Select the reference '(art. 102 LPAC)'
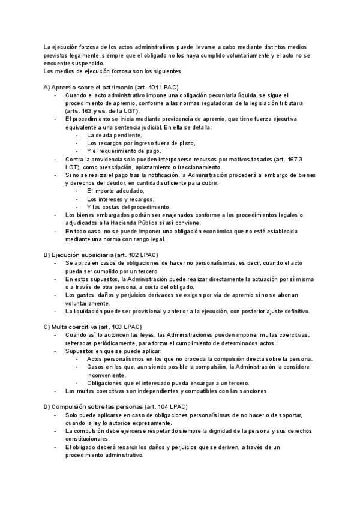pyautogui.click(x=137, y=254)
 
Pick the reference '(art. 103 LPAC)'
pyautogui.click(x=122, y=326)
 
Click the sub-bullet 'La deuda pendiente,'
pyautogui.click(x=114, y=135)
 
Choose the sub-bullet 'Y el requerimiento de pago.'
pyautogui.click(x=124, y=151)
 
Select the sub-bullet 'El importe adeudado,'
pyautogui.click(x=115, y=191)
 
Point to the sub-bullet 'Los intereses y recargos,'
pyautogui.click(x=121, y=199)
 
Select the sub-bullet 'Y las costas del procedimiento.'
pyautogui.click(x=128, y=207)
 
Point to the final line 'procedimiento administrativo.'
pyautogui.click(x=105, y=454)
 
